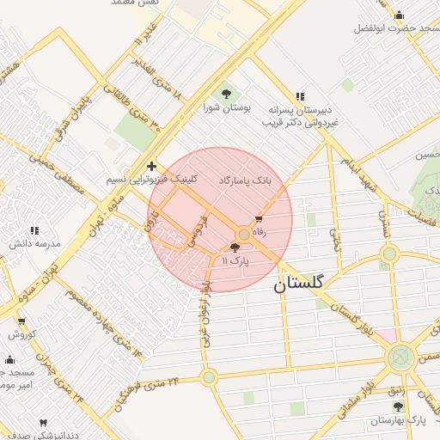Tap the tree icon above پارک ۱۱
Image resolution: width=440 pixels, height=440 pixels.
(x=235, y=247)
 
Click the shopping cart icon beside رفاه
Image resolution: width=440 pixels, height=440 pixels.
(x=259, y=220)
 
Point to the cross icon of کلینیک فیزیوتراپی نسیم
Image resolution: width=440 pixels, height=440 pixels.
(x=151, y=166)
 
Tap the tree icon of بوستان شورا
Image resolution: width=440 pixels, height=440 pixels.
(x=226, y=94)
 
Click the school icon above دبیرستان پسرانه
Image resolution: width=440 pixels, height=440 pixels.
(x=299, y=96)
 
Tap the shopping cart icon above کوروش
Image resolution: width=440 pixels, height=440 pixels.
(x=22, y=321)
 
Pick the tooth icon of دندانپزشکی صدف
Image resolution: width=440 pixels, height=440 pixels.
(x=43, y=423)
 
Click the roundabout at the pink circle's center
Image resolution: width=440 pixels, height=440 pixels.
(x=244, y=234)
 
